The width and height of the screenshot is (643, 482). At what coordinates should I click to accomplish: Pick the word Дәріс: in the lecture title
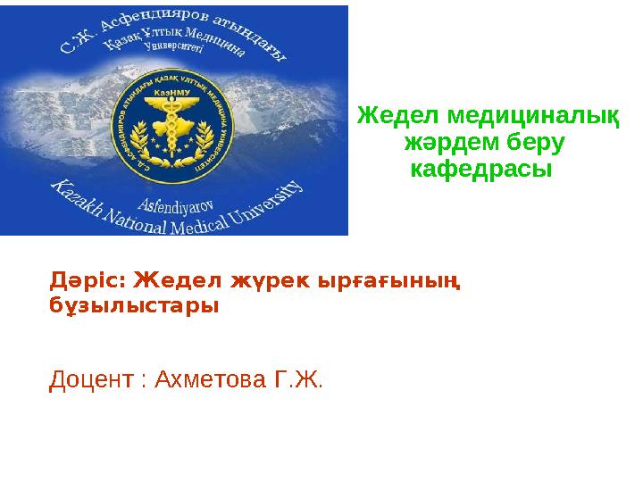click(x=87, y=281)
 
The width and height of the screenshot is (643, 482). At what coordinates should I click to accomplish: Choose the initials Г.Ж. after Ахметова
click(x=301, y=381)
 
